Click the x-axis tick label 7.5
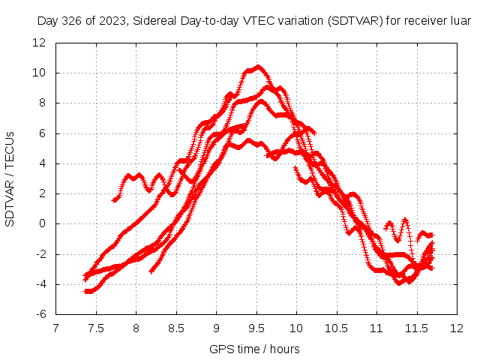point(96,328)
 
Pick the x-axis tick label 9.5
point(256,328)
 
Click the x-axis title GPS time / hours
point(256,349)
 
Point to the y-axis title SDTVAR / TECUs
point(10,178)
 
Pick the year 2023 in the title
point(113,21)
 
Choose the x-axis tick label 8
point(136,328)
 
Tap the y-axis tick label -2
point(42,253)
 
